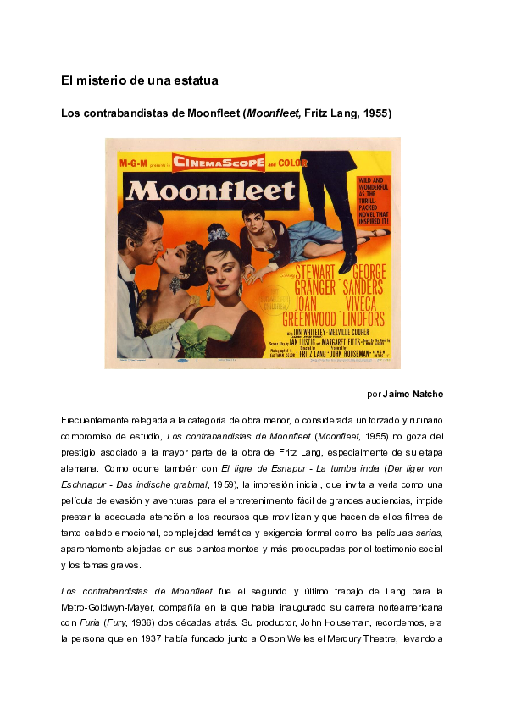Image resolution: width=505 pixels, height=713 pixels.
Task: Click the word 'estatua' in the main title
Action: (x=194, y=80)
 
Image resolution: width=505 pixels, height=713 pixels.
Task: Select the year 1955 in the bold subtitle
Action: (x=376, y=113)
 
